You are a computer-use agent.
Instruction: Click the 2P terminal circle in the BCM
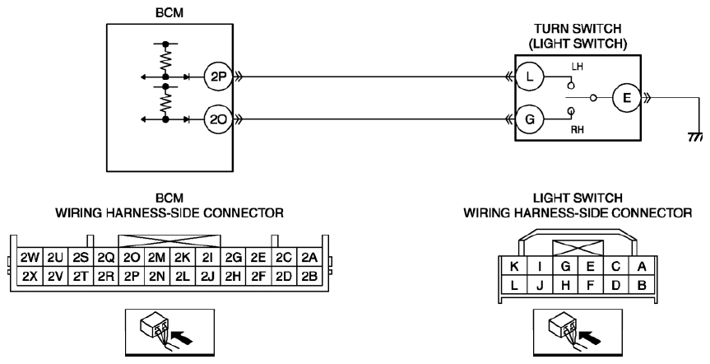pos(218,77)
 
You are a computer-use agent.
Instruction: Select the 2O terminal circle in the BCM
pos(218,119)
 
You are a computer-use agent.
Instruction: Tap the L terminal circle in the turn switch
pos(530,77)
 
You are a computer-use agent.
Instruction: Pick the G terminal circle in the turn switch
pos(530,119)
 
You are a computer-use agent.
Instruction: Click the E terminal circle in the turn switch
pos(627,98)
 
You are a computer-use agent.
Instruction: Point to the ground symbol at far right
pos(695,137)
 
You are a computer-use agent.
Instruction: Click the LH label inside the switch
pos(577,67)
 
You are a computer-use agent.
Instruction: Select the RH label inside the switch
pos(577,130)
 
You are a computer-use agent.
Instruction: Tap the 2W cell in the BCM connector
pos(30,258)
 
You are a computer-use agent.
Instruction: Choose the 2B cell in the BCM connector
pos(309,276)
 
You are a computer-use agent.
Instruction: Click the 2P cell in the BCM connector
pos(132,276)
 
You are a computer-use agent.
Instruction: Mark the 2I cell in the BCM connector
pos(208,258)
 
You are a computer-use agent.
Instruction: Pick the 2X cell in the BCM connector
pos(30,276)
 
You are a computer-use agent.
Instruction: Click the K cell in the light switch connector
pos(514,267)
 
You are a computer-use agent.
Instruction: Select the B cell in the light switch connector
pos(642,285)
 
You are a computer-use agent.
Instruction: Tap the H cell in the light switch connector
pos(565,285)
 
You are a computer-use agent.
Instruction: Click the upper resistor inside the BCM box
pos(165,60)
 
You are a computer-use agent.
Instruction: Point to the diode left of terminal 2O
pos(187,119)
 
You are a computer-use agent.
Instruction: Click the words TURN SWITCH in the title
pos(578,29)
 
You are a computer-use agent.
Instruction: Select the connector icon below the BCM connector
pos(169,332)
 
